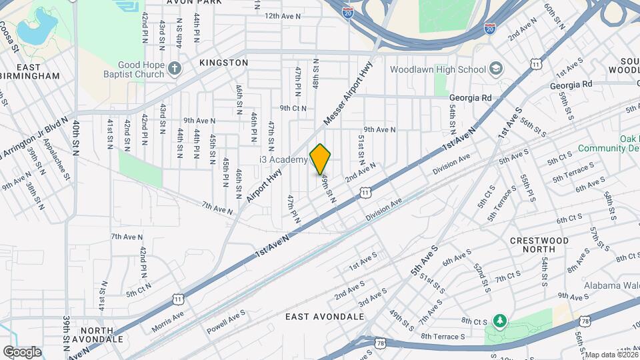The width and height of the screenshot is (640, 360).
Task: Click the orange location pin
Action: [x=321, y=159]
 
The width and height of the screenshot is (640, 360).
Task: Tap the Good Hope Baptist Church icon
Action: [x=175, y=69]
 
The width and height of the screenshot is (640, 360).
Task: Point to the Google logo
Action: [x=21, y=351]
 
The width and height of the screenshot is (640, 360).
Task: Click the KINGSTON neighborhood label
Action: [x=223, y=62]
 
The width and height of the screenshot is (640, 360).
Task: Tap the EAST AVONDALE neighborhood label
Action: [x=325, y=316]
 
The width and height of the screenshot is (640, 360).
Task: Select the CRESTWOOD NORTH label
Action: [x=539, y=245]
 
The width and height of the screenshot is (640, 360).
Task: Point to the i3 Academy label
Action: [x=283, y=160]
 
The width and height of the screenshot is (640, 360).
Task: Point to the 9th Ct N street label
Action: [x=293, y=108]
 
